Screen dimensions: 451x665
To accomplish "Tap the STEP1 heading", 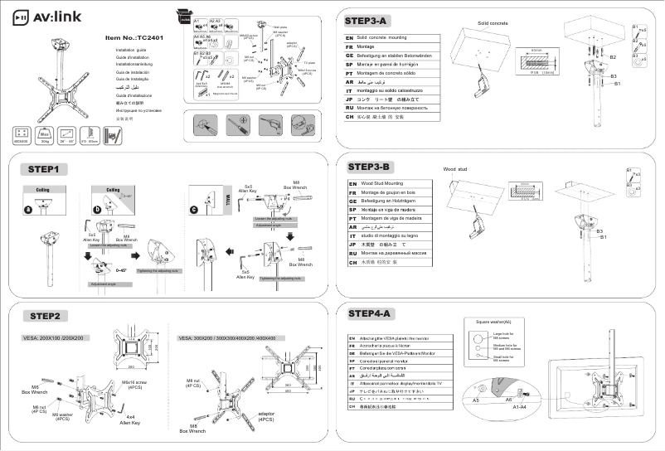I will tap(43, 169).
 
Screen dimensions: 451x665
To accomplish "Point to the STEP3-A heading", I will tap(369, 19).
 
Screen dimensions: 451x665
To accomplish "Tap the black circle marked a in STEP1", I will tap(28, 210).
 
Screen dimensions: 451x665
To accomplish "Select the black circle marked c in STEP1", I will tap(194, 210).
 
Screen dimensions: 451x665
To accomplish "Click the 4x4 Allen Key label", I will tap(128, 419).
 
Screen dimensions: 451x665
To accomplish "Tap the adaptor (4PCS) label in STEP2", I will tap(266, 415).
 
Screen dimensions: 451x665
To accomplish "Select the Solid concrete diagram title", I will tap(493, 22).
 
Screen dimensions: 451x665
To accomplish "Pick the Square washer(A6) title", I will tap(493, 321).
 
